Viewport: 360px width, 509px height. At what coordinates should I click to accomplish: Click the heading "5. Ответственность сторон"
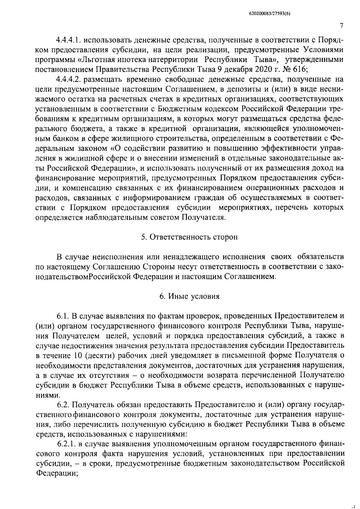(x=189, y=237)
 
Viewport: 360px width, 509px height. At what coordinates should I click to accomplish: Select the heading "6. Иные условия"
(x=189, y=296)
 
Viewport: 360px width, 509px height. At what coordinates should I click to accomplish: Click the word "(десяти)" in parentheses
(x=98, y=356)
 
